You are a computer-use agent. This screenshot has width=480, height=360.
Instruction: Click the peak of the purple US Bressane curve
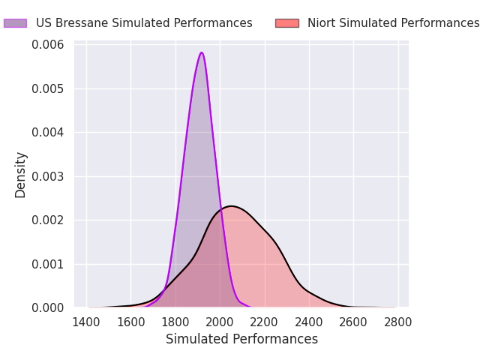pyautogui.click(x=201, y=52)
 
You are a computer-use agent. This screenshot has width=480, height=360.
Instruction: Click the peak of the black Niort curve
pyautogui.click(x=230, y=206)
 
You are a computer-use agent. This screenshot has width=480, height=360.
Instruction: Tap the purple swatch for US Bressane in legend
pyautogui.click(x=15, y=23)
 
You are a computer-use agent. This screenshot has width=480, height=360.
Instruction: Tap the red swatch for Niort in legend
pyautogui.click(x=286, y=23)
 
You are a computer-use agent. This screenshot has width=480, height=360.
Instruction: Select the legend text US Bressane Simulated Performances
pyautogui.click(x=144, y=23)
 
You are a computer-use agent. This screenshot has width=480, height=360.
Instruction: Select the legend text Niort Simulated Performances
pyautogui.click(x=393, y=23)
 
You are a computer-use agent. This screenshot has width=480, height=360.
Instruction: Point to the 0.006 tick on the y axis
pyautogui.click(x=48, y=45)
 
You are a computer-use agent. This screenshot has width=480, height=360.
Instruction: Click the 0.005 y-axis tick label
pyautogui.click(x=48, y=89)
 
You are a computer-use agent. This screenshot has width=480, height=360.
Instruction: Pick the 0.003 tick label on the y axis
pyautogui.click(x=48, y=176)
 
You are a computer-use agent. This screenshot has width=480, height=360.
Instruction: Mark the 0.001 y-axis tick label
pyautogui.click(x=48, y=264)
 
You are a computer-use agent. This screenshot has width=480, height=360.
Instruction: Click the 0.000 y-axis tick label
pyautogui.click(x=48, y=307)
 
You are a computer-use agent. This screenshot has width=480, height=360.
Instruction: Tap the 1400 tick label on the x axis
pyautogui.click(x=87, y=322)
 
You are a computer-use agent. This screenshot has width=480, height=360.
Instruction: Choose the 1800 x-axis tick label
pyautogui.click(x=175, y=322)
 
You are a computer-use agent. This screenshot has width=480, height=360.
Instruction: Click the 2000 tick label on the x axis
pyautogui.click(x=220, y=322)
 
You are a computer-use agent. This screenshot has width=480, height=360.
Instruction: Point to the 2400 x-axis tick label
pyautogui.click(x=309, y=322)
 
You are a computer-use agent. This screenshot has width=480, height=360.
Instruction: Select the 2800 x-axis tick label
pyautogui.click(x=397, y=322)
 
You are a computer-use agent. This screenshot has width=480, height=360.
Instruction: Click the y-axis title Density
pyautogui.click(x=21, y=175)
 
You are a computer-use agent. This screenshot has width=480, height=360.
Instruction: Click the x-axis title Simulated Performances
pyautogui.click(x=241, y=340)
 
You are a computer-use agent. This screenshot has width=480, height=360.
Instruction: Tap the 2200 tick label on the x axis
pyautogui.click(x=265, y=322)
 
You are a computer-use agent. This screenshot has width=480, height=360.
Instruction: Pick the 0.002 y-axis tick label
pyautogui.click(x=48, y=220)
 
